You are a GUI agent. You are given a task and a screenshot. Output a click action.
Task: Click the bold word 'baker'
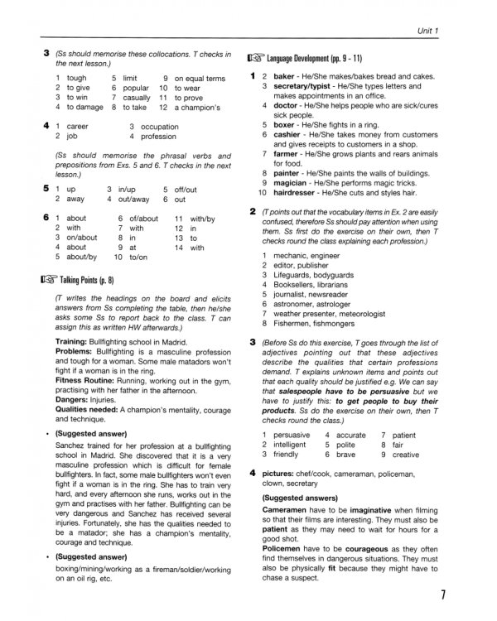pos(286,75)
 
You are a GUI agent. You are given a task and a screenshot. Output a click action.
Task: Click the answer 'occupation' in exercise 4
pos(160,127)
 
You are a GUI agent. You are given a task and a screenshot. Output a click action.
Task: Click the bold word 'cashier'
pos(289,133)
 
